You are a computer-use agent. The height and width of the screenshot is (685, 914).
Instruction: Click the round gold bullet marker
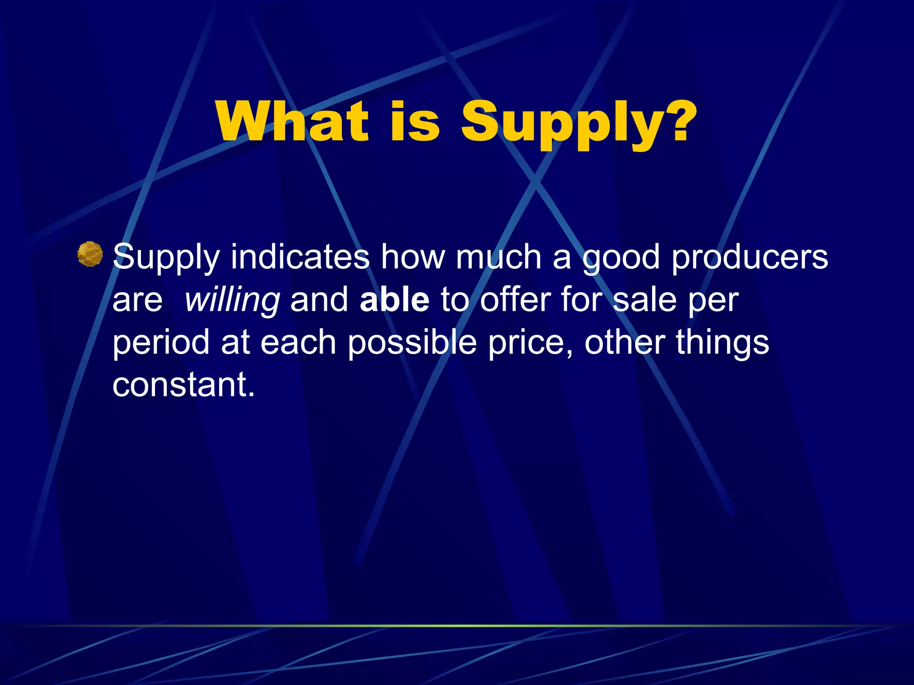(x=90, y=254)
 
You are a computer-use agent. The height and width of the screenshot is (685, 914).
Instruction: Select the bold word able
(x=394, y=300)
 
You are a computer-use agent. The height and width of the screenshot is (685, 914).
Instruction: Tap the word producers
(x=749, y=258)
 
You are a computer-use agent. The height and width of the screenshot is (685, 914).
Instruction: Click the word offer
(x=515, y=300)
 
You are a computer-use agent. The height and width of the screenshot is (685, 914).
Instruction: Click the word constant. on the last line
(x=183, y=384)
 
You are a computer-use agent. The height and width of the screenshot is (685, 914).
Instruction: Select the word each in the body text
(x=298, y=342)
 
